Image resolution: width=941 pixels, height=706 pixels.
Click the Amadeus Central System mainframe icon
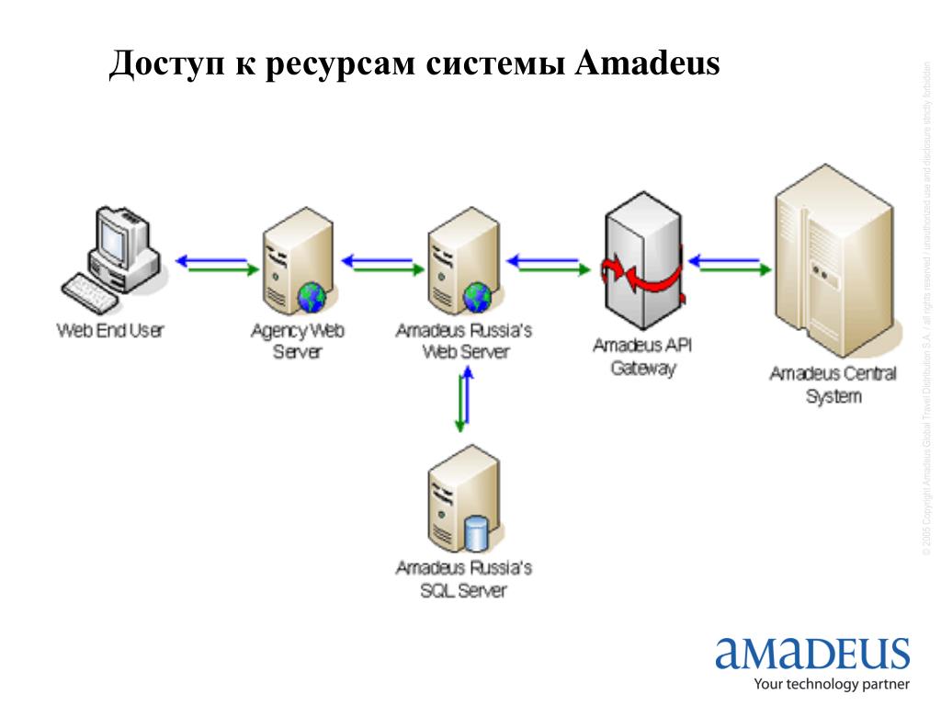point(832,262)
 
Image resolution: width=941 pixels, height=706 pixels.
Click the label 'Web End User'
point(109,330)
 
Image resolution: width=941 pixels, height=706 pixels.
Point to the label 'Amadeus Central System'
point(833,385)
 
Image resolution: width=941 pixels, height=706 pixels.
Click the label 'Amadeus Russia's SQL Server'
point(463,579)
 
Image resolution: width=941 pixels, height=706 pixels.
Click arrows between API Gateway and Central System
point(730,264)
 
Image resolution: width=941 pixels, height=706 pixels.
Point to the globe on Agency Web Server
point(311,295)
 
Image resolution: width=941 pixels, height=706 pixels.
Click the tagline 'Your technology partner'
point(831,684)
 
